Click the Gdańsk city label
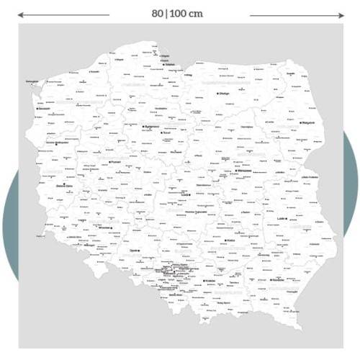point(170,65)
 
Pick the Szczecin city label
point(45,109)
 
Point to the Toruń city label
point(171,133)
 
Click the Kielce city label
point(231,240)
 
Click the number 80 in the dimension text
point(158,13)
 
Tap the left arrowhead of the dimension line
point(20,14)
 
